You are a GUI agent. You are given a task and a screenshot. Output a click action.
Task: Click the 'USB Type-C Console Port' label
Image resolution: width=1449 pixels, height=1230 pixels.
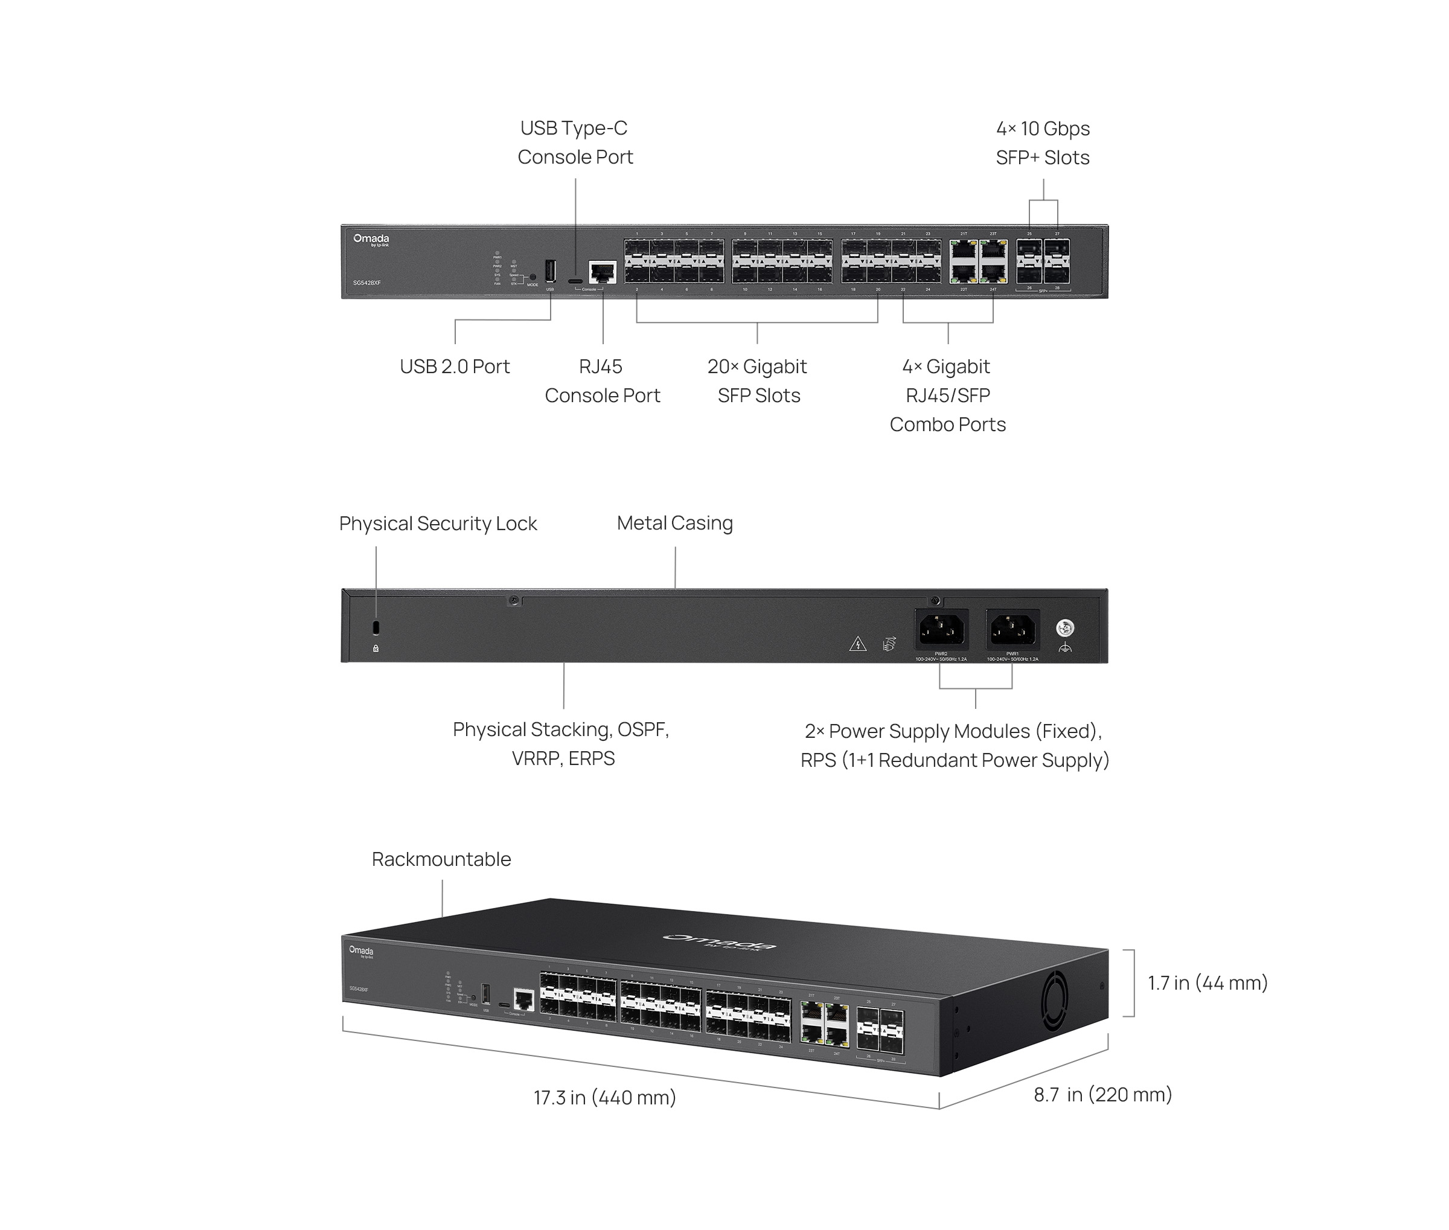coord(575,143)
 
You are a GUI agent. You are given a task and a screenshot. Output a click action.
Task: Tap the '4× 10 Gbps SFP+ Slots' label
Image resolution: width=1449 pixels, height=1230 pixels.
coord(1043,144)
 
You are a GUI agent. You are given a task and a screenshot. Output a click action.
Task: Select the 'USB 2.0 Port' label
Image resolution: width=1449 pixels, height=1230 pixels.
coord(455,367)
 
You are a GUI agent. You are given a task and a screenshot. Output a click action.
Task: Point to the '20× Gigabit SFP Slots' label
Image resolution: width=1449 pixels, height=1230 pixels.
coord(758,380)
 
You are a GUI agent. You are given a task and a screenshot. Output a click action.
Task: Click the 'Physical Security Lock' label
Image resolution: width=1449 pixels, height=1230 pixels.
coord(438,524)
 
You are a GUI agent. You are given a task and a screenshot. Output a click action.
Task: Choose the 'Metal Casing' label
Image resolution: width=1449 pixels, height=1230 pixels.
coord(674,523)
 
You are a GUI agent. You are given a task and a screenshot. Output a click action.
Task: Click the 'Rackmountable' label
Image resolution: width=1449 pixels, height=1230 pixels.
coord(441,859)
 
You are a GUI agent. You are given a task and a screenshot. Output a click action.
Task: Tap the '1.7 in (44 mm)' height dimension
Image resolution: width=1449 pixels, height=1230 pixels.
coord(1207,983)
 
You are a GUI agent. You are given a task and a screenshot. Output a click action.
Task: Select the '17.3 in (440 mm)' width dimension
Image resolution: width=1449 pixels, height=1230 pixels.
coord(604,1098)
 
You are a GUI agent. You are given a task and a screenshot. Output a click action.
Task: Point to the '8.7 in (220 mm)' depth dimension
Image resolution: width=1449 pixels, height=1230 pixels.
coord(1102,1095)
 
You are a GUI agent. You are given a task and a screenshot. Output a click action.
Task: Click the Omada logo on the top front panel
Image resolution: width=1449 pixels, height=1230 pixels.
coord(371,240)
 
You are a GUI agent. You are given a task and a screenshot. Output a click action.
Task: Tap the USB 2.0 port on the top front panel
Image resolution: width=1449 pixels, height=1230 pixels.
coord(550,271)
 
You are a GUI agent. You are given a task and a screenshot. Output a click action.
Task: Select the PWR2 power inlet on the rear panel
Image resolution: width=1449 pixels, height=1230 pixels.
coord(941,630)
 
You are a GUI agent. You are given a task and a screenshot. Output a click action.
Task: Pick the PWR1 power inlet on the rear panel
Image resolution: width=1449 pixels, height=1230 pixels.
coord(1012,630)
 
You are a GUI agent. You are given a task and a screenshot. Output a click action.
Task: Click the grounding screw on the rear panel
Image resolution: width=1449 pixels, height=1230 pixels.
coord(1065,628)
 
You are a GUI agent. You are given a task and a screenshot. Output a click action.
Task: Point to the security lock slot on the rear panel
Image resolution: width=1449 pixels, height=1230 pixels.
coord(376,627)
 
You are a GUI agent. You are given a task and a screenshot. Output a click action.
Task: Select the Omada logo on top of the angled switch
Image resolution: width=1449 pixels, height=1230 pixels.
coord(719,941)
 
